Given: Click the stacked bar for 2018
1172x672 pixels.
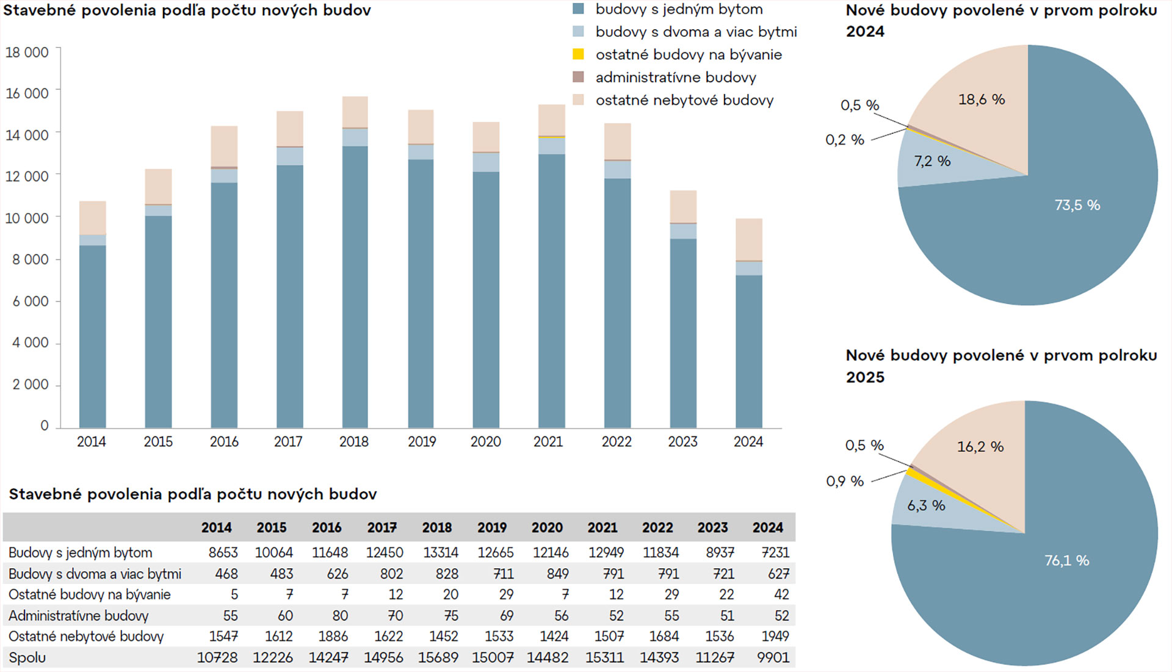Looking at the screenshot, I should click(x=355, y=262).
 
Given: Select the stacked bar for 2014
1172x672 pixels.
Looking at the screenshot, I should click(x=92, y=314).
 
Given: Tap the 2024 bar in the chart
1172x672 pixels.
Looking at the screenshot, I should click(x=748, y=323).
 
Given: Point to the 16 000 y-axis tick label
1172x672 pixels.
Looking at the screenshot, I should click(x=27, y=93).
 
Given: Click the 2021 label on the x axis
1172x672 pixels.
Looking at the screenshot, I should click(x=548, y=441).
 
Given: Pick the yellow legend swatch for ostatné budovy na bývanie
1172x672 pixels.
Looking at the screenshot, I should click(x=578, y=54).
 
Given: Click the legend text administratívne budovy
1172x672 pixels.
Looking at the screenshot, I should click(x=676, y=78).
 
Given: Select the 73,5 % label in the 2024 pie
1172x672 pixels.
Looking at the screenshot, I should click(x=1077, y=205).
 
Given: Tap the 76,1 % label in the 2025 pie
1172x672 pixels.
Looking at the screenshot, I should click(x=1066, y=560).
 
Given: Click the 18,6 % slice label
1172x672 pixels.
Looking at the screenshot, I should click(x=982, y=99).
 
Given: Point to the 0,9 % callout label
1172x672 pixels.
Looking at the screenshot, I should click(x=845, y=481).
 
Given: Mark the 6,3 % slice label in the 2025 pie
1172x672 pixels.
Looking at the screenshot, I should click(x=926, y=505).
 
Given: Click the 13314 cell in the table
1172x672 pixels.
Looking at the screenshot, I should click(x=441, y=552).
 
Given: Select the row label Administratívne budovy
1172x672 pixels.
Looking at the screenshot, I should click(x=79, y=615).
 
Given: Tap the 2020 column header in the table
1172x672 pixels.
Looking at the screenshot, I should click(x=547, y=527).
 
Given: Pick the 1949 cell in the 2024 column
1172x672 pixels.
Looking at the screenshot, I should click(x=775, y=636).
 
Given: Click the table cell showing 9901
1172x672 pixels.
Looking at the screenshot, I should click(x=773, y=657).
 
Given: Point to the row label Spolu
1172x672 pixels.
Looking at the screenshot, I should click(x=27, y=657).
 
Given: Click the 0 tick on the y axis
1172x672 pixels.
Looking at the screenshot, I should click(x=44, y=425).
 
